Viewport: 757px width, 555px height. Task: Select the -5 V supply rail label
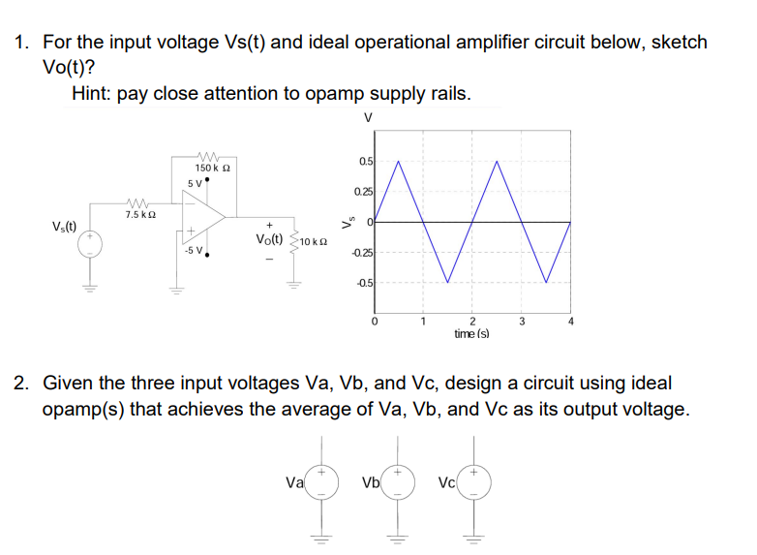pyautogui.click(x=193, y=250)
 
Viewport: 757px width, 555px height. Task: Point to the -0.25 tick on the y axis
pyautogui.click(x=362, y=254)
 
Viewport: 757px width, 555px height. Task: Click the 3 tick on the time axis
pyautogui.click(x=521, y=321)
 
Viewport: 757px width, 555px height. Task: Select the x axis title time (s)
pyautogui.click(x=471, y=333)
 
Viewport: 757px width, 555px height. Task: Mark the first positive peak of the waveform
pyautogui.click(x=399, y=161)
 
